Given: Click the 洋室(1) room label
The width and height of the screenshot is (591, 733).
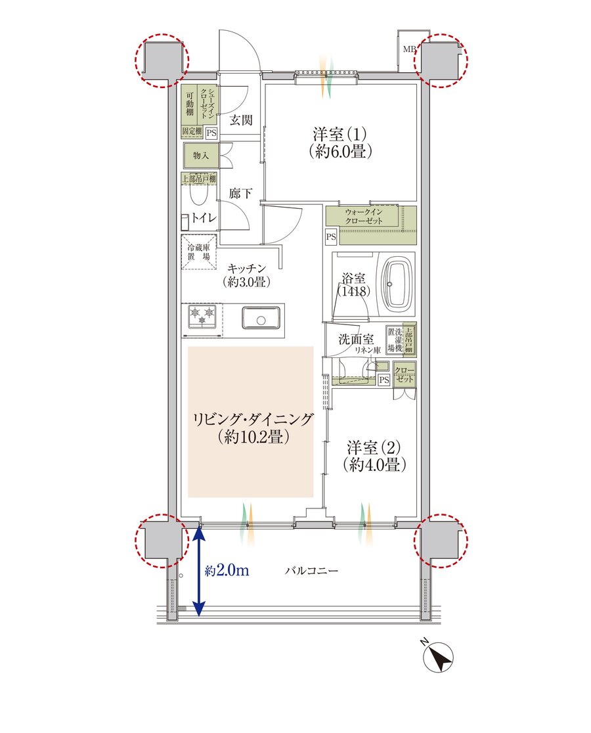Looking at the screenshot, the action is pos(339,135).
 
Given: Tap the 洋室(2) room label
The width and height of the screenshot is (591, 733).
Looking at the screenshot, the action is pos(374,447).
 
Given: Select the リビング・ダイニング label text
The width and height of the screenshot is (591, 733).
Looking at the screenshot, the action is pos(253,419).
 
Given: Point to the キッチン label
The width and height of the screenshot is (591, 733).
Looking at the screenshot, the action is pos(247,269).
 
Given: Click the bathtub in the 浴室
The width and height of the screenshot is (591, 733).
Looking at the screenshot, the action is pos(398,284).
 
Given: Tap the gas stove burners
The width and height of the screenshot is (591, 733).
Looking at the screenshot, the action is pos(202,314).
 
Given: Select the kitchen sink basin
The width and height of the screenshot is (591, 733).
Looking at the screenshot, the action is pos(261,317).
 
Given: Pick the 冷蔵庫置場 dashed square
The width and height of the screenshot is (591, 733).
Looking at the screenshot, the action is pos(199,252).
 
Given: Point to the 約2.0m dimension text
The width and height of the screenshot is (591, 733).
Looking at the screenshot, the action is pos(227,571).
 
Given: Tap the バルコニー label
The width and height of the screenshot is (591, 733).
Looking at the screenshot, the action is pos(312,571).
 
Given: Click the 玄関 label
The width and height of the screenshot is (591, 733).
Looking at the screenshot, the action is pos(240,120).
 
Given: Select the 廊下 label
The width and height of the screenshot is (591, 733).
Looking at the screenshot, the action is pos(240,193).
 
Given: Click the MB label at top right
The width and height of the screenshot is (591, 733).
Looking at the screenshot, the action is pos(409,49).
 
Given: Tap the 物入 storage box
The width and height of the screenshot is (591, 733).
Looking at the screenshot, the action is pos(200,156).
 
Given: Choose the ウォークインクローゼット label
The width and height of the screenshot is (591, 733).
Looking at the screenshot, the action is pos(364,217).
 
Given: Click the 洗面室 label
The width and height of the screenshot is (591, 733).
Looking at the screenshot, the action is pos(356,339).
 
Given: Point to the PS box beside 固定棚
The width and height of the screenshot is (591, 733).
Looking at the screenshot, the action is pos(211,133).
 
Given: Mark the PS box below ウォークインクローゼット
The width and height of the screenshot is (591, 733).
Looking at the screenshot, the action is pos(331,237).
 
